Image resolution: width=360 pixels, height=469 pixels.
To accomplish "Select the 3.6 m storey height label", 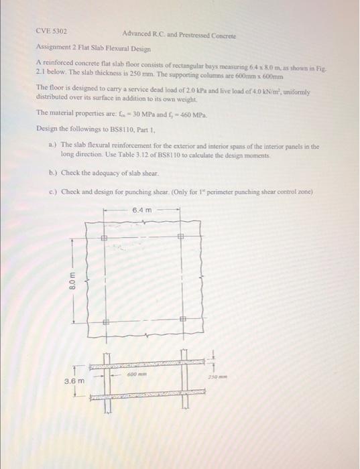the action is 74,381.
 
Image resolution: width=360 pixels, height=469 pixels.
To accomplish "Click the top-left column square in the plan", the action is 105,237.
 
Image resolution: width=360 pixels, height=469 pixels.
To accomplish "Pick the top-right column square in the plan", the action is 180,237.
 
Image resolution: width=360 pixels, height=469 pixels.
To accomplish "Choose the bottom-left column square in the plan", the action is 105,322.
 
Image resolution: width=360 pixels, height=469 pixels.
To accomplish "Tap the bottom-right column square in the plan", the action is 181,322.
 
